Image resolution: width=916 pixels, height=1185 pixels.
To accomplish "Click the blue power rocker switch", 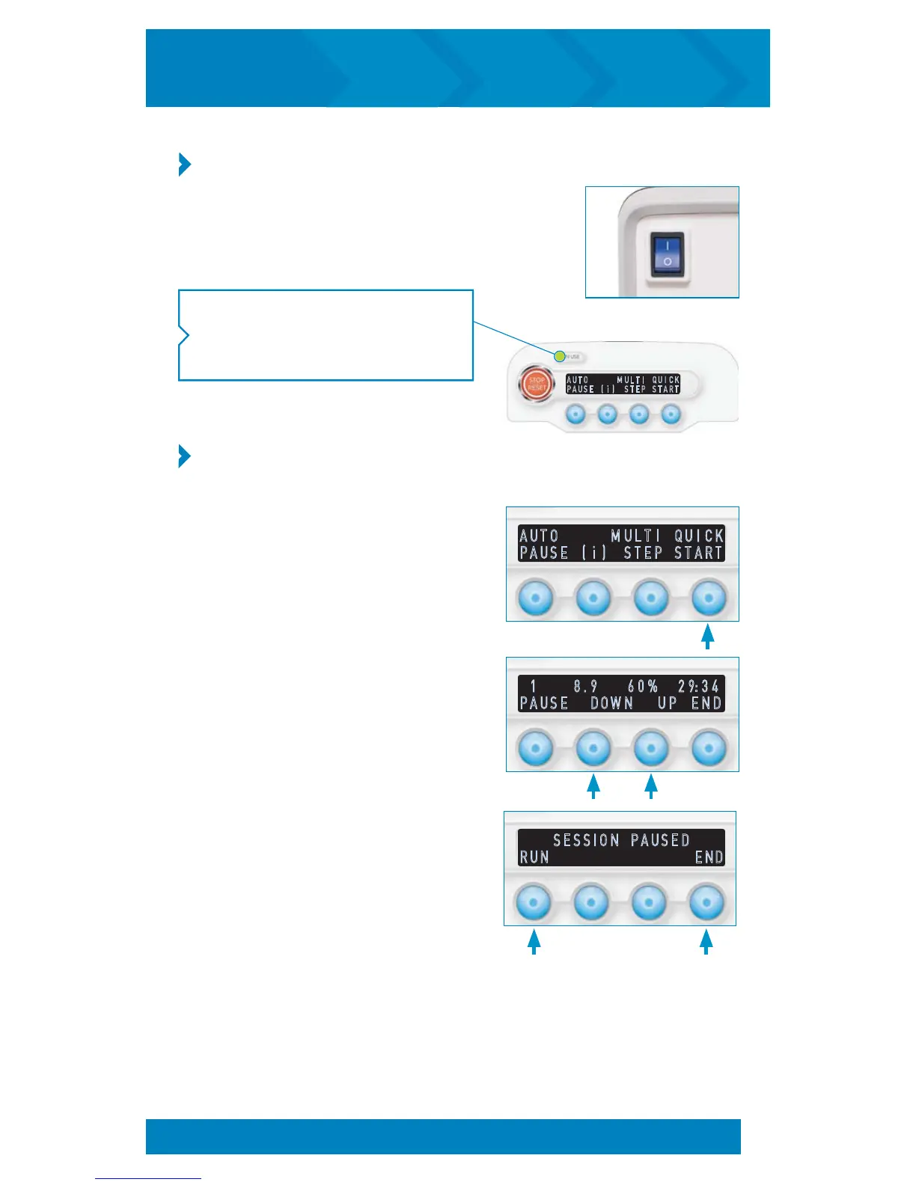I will click(x=666, y=254).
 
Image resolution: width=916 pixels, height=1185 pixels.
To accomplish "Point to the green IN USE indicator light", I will click(x=560, y=356).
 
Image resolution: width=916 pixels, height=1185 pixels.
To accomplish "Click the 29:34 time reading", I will click(x=698, y=686).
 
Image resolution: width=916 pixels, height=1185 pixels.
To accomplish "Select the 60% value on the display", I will click(x=643, y=686).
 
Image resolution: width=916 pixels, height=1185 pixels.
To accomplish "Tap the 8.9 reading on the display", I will click(x=585, y=686).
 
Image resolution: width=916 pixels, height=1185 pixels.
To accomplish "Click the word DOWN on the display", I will click(x=611, y=703).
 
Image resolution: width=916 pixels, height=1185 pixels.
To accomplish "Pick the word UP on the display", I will click(x=667, y=703).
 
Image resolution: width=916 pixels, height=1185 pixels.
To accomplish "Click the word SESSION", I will click(x=586, y=840).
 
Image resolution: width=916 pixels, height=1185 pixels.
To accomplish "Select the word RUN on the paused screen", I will click(x=534, y=857).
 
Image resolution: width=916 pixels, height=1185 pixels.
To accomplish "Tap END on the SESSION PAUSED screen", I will click(x=709, y=857).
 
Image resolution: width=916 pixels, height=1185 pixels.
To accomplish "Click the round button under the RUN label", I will click(x=533, y=902).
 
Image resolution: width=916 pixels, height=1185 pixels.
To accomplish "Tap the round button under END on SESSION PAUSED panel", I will click(x=706, y=902).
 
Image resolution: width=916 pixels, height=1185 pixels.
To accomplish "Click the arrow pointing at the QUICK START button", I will click(x=707, y=637).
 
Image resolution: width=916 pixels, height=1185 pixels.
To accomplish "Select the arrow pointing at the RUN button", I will click(x=534, y=941).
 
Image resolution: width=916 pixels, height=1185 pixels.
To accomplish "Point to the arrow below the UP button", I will click(x=651, y=787).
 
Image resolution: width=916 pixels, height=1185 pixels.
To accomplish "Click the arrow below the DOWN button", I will click(x=593, y=787).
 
